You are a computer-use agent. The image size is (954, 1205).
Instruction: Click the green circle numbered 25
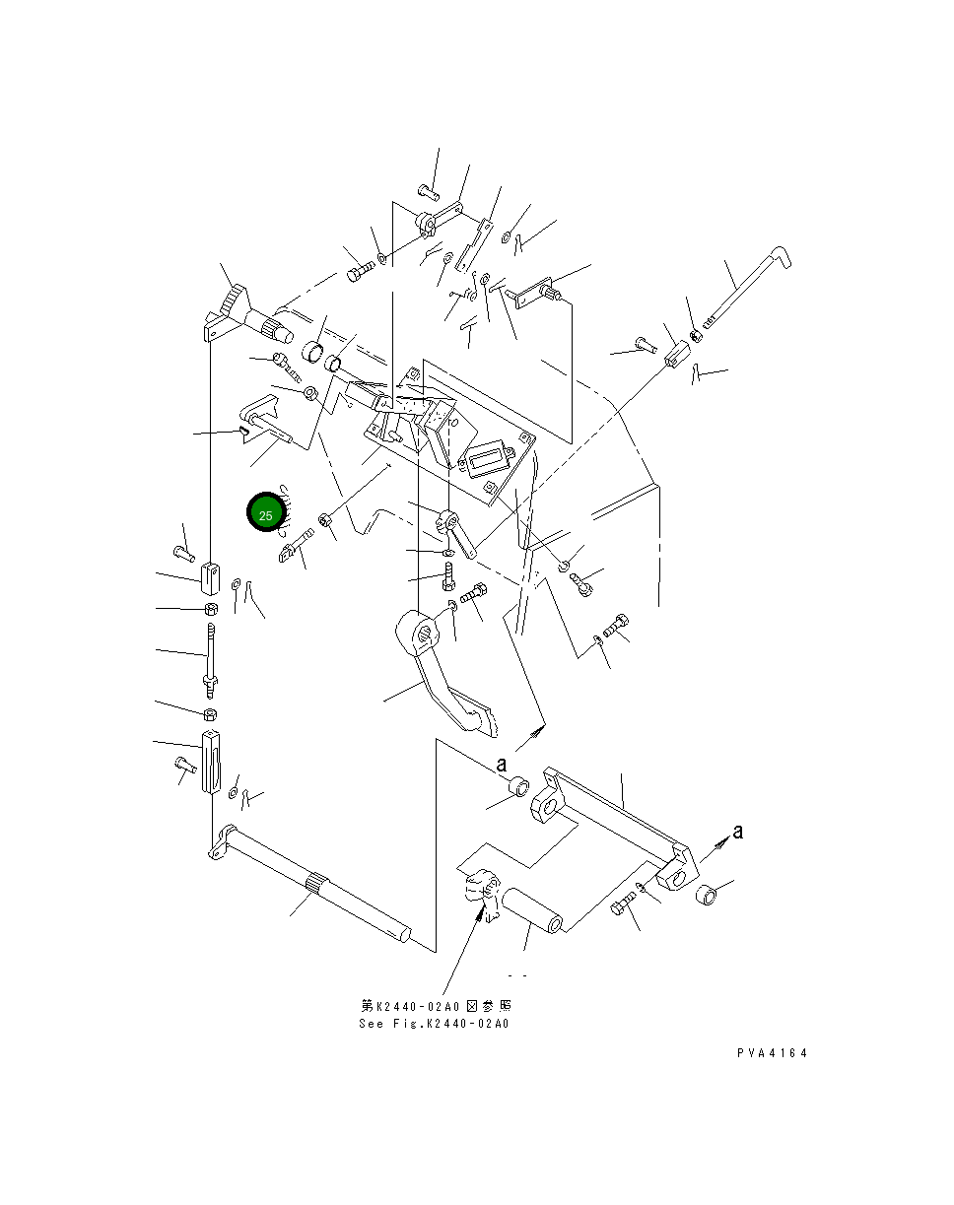(x=266, y=511)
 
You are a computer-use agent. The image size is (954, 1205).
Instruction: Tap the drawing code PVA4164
(x=772, y=1052)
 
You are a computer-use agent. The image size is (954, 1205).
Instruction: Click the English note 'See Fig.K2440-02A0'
(x=435, y=1024)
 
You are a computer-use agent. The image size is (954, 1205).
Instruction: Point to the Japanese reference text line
(x=436, y=1006)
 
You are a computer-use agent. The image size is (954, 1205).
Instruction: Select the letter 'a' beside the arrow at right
(x=738, y=833)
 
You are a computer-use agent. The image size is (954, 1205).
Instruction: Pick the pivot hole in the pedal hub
(x=424, y=635)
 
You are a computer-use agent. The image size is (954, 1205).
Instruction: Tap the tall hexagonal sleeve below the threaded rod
(x=211, y=762)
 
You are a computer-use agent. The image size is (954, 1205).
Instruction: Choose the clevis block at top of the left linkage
(x=210, y=579)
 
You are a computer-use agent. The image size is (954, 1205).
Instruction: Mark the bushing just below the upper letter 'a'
(x=518, y=785)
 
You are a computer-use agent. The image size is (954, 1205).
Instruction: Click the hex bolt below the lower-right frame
(x=622, y=904)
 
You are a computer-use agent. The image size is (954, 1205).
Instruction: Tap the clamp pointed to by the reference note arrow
(x=482, y=893)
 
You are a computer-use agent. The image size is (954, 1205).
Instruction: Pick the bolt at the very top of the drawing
(x=428, y=191)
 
